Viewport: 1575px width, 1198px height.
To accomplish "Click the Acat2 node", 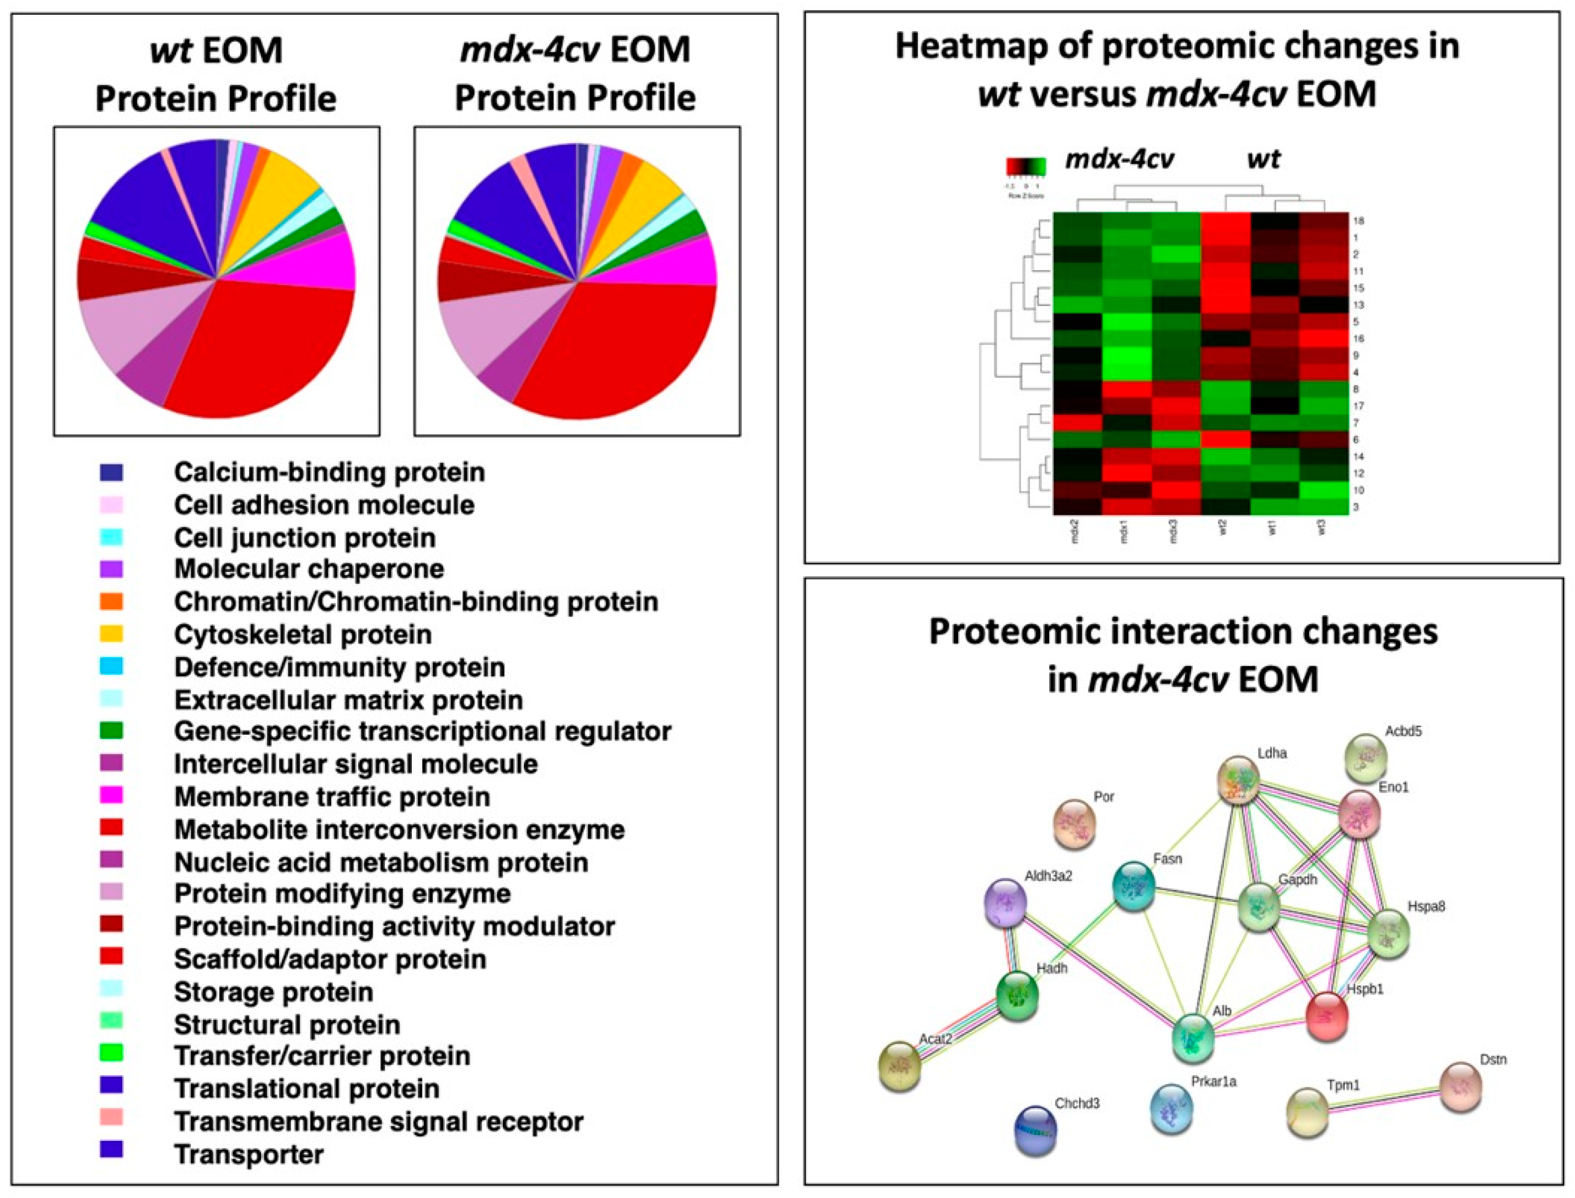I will pyautogui.click(x=899, y=1065).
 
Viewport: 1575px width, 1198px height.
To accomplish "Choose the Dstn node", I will pyautogui.click(x=1461, y=1087).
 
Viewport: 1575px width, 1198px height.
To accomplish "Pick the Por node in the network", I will pyautogui.click(x=1075, y=823).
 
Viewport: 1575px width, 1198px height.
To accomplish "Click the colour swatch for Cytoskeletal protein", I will pyautogui.click(x=111, y=633).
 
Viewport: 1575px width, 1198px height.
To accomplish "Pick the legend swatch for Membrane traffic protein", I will pyautogui.click(x=111, y=795).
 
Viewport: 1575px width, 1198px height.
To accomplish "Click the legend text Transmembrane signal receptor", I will pyautogui.click(x=378, y=1122).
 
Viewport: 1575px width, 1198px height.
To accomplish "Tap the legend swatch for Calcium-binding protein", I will pyautogui.click(x=111, y=472).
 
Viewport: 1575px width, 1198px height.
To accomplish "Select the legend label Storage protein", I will pyautogui.click(x=273, y=992).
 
